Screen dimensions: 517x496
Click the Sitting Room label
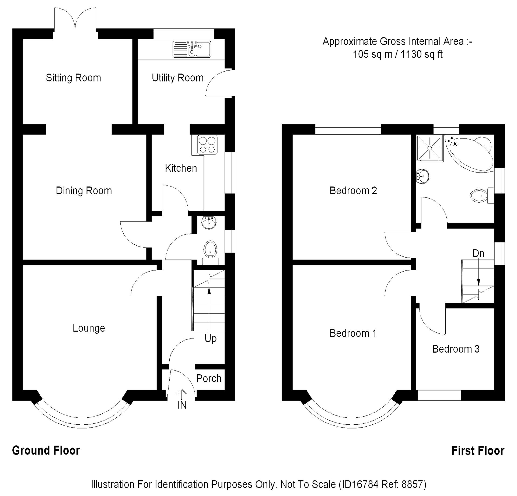coord(73,78)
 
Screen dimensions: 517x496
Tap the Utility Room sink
coord(191,49)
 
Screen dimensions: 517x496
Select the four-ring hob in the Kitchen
coord(207,145)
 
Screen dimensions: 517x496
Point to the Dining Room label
coord(84,191)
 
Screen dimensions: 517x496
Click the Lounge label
coord(89,328)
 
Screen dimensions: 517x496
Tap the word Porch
coord(209,378)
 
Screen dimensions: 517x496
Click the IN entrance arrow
coord(182,395)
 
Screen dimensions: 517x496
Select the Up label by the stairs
coord(210,338)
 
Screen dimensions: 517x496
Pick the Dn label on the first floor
coord(478,253)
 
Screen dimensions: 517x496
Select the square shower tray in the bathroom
coord(429,148)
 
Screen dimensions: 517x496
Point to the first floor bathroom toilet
coord(481,195)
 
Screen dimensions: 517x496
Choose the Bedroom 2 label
coord(353,191)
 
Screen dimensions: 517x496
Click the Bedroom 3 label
coord(456,349)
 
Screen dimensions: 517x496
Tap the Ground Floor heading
coord(46,451)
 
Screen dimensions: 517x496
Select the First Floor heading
coord(477,451)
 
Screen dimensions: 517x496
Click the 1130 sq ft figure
coord(421,54)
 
